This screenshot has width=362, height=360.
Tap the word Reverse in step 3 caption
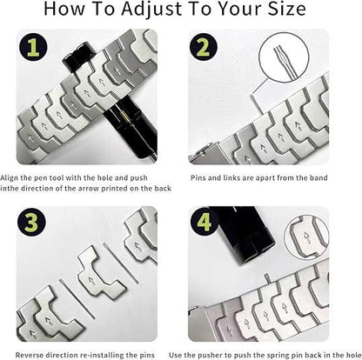coord(32,353)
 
